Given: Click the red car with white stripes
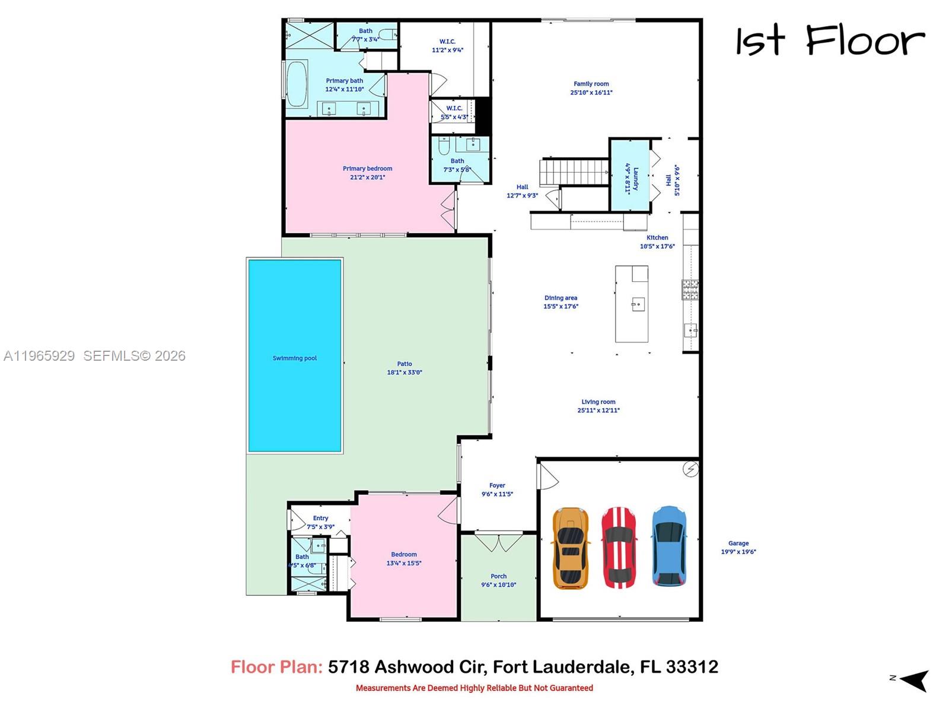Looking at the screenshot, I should (619, 547).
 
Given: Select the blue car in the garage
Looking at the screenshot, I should (669, 546).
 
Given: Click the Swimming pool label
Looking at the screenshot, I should (295, 358).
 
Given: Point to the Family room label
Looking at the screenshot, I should (591, 84).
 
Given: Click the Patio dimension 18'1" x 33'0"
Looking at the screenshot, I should (405, 373).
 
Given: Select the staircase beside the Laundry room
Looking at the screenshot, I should (574, 172).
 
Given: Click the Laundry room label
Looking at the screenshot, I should (635, 179).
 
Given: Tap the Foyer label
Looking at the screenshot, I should (497, 485).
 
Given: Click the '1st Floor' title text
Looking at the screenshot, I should (830, 41).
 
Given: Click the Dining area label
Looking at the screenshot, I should (561, 298).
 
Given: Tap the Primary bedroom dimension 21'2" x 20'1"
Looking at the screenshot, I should (368, 177).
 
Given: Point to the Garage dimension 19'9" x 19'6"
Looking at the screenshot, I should (738, 552).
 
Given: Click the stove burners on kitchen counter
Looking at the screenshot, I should (690, 290).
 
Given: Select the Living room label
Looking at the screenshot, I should (598, 402).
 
